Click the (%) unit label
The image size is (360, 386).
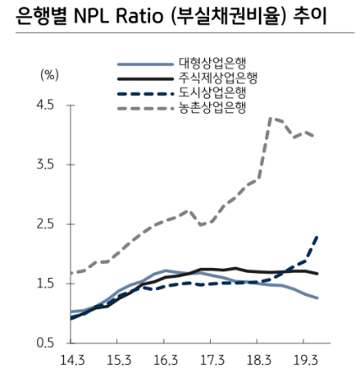coord(49,75)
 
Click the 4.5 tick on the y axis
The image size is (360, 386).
coord(44,105)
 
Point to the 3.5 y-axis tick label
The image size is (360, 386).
coord(44,165)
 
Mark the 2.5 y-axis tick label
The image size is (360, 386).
coord(44,224)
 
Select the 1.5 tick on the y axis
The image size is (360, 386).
coord(44,284)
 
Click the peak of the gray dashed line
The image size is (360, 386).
coord(270,118)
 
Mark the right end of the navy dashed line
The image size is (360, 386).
coord(317,236)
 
